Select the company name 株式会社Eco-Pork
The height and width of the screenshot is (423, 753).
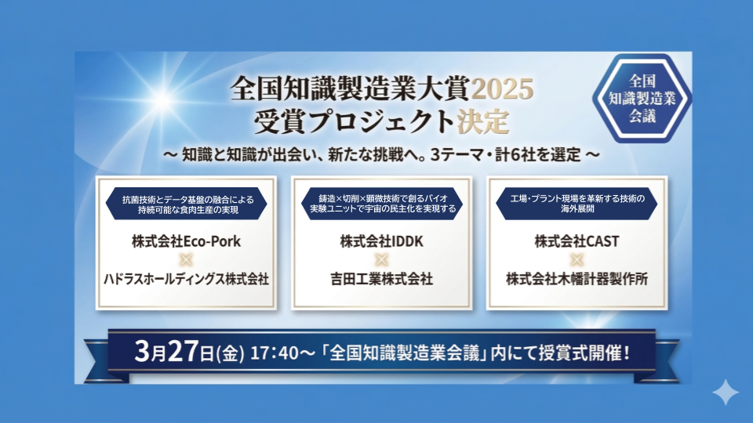click(185, 241)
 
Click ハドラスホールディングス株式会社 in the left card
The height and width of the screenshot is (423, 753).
click(185, 278)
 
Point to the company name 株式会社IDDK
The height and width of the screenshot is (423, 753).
click(381, 241)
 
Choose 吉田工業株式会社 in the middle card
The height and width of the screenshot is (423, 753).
click(381, 278)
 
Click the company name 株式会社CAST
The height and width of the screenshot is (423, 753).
click(577, 241)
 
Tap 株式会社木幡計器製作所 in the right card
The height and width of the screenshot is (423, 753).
click(577, 278)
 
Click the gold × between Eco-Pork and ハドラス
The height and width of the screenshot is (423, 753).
click(185, 260)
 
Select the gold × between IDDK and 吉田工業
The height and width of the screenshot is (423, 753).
click(381, 260)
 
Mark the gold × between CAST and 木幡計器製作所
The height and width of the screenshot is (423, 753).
click(577, 260)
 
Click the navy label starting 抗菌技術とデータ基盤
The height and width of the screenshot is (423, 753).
click(185, 204)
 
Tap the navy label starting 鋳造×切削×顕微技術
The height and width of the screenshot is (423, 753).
click(381, 204)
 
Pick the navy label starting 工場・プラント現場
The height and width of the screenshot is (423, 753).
click(577, 204)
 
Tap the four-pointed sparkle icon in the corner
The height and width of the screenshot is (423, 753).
click(726, 392)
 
